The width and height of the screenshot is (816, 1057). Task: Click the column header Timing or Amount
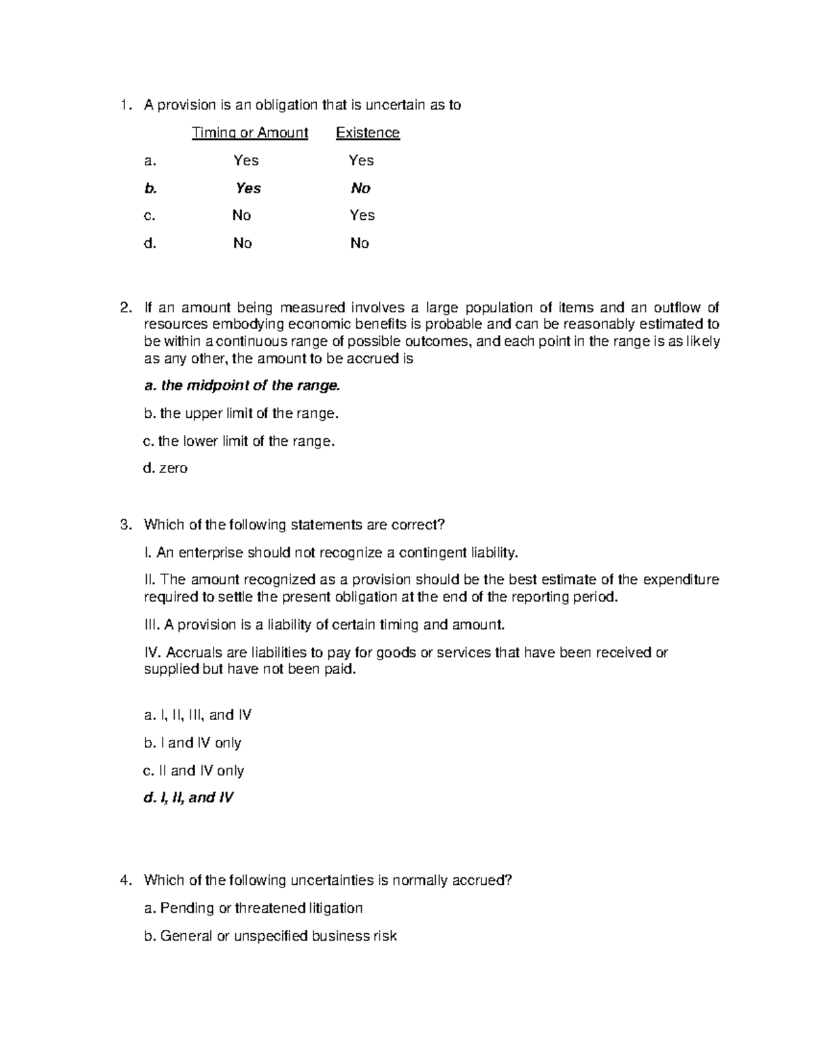(250, 133)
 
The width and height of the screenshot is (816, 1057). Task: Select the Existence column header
(367, 133)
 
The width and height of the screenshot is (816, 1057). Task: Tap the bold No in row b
(360, 189)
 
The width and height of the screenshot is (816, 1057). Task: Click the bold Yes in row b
(248, 189)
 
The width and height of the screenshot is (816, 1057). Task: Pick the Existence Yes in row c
(362, 215)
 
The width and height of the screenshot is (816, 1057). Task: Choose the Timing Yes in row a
(245, 161)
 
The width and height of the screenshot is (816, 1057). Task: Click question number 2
(124, 308)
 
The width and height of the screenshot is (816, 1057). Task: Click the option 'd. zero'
(165, 468)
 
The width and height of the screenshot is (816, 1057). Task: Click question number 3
(124, 525)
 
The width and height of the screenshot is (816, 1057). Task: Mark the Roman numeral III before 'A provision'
(151, 625)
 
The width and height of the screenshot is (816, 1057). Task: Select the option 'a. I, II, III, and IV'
(198, 715)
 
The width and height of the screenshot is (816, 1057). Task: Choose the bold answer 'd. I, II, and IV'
(188, 798)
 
